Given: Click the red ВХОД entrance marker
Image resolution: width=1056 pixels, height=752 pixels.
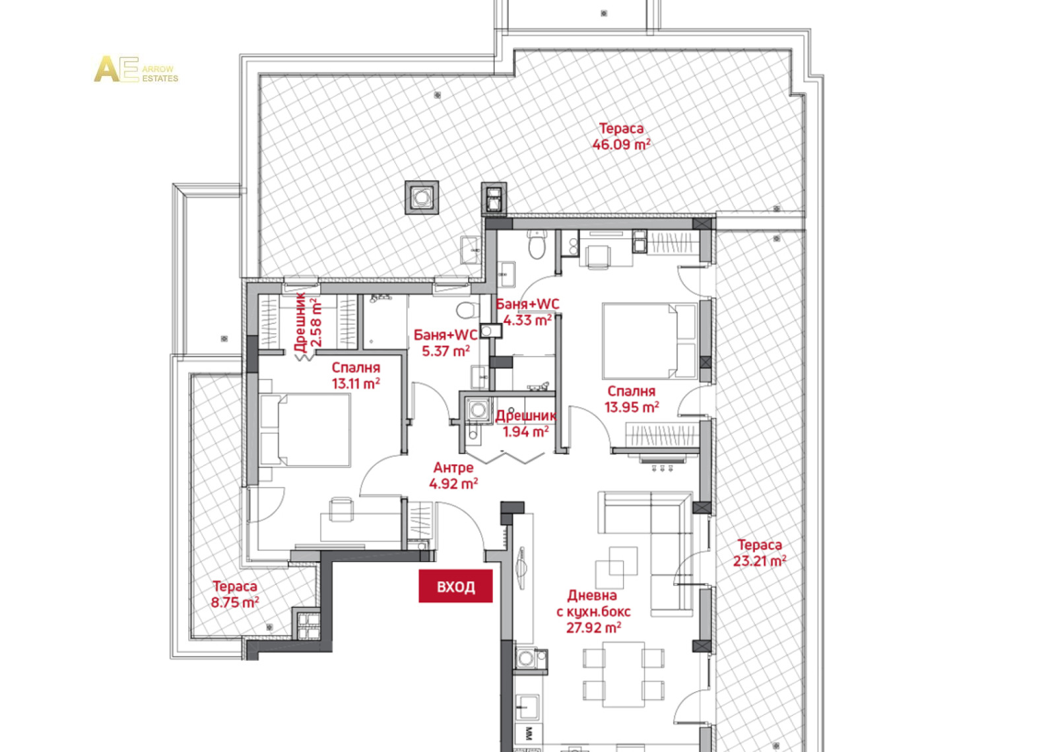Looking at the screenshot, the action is [x=455, y=586].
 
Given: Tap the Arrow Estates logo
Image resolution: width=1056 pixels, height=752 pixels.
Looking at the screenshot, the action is [x=136, y=69].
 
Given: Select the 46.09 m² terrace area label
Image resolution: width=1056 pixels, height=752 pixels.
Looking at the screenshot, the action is [x=621, y=137].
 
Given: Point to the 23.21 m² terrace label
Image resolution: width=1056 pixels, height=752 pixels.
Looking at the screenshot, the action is [x=760, y=553].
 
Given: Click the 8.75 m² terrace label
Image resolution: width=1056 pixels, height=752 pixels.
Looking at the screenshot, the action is [x=235, y=594].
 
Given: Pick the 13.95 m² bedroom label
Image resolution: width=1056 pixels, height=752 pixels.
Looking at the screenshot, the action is [x=632, y=399].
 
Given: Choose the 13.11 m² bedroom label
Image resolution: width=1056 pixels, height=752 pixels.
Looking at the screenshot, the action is [x=356, y=376].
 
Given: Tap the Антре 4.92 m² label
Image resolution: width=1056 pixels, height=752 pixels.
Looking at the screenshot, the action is [x=453, y=475].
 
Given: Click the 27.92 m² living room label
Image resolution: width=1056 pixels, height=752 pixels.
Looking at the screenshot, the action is [x=593, y=611].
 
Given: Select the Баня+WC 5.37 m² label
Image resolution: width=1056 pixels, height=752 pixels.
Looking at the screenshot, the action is [x=445, y=343].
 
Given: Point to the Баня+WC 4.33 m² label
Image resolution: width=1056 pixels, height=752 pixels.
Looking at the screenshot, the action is [x=527, y=312].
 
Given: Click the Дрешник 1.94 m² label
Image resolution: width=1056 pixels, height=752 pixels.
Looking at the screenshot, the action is [x=526, y=424].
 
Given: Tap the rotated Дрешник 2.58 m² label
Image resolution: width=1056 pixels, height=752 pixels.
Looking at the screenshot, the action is [x=308, y=323].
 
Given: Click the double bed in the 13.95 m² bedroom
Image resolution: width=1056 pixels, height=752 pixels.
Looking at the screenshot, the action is [x=649, y=341].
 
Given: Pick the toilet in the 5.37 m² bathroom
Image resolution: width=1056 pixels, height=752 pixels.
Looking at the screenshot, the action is [x=465, y=309].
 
